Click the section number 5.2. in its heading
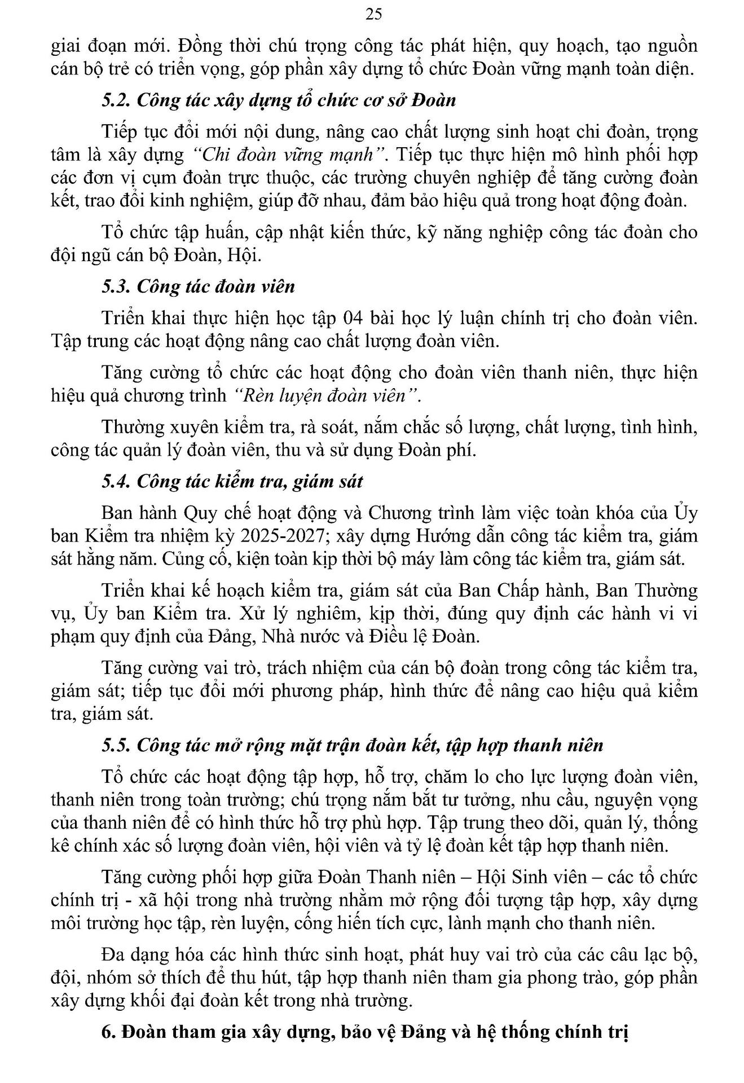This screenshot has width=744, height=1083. [x=117, y=100]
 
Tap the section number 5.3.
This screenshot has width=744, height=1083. [x=117, y=286]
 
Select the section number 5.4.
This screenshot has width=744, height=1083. [x=117, y=481]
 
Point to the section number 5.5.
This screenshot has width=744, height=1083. [x=117, y=745]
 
